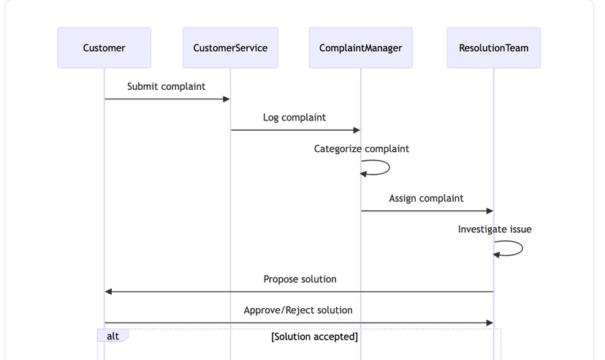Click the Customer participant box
(x=104, y=48)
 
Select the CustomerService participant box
(x=230, y=48)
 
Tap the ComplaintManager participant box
(x=360, y=48)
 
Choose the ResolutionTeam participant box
(x=493, y=48)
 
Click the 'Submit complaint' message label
(x=166, y=87)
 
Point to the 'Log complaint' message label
(x=294, y=118)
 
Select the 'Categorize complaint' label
(x=361, y=149)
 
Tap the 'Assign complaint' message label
(x=426, y=199)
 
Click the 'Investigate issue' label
(x=495, y=229)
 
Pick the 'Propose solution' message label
(x=300, y=279)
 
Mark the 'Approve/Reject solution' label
(x=298, y=310)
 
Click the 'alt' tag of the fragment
(x=113, y=336)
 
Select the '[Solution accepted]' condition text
(x=314, y=337)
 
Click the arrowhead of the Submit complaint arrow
(x=227, y=99)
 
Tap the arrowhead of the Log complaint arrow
(x=357, y=130)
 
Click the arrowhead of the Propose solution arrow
(x=109, y=291)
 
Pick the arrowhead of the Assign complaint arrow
(x=490, y=211)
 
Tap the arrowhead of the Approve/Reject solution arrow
(x=490, y=323)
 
